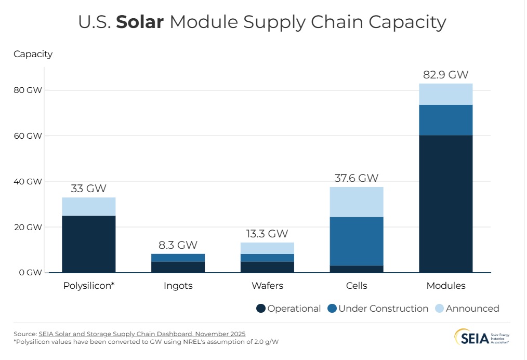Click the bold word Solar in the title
coord(140,22)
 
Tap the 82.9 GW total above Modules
coord(445,74)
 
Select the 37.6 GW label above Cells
coord(356,178)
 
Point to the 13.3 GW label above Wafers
coord(267,234)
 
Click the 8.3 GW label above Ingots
coord(177,245)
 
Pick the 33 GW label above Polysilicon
coord(88,189)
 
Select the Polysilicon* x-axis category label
coord(88,286)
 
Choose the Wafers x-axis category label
coord(267,286)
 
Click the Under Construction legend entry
coord(378,309)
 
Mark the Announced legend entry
coord(467,309)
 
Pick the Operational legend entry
coord(288,309)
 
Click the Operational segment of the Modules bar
coord(445,204)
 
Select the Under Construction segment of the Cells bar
coord(356,241)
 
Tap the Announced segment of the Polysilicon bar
coord(88,206)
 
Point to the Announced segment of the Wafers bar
coord(267,248)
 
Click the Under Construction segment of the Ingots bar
coord(177,258)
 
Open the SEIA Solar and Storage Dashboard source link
coord(142,334)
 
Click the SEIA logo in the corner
coord(482,337)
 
